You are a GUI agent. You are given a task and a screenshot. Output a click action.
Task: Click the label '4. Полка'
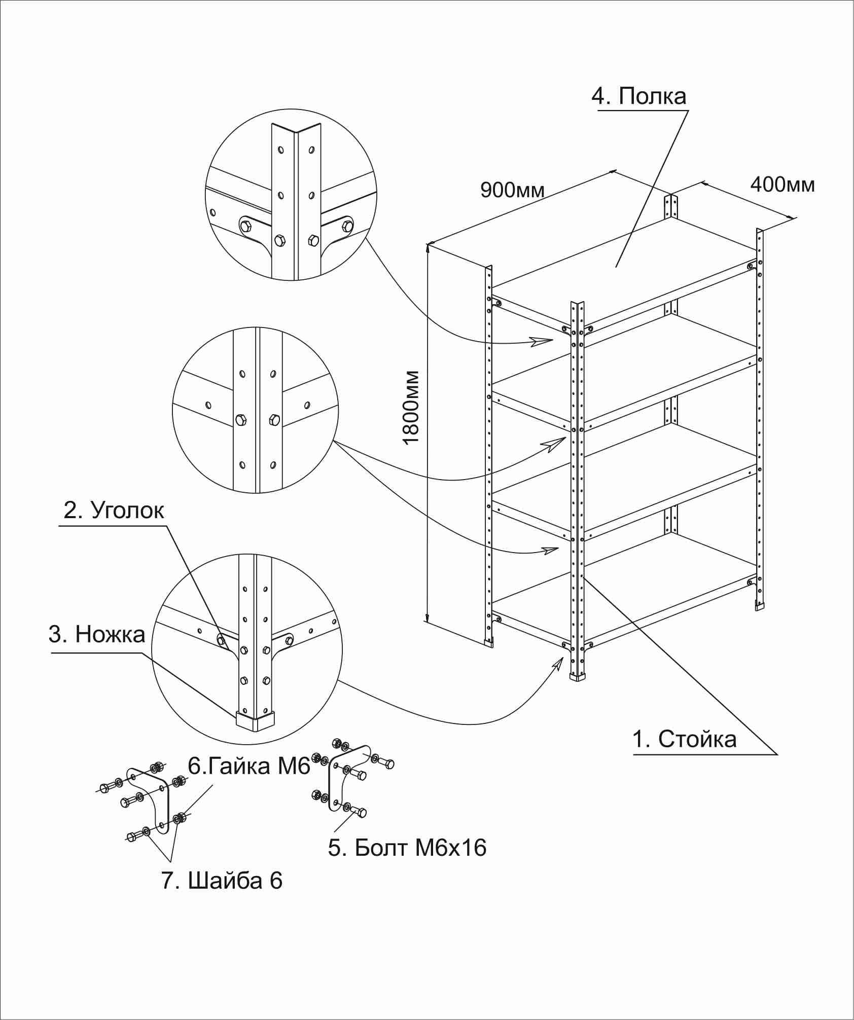click(639, 96)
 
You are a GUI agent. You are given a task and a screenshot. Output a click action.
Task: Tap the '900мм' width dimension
click(512, 190)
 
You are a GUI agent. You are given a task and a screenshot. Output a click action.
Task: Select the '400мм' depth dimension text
click(782, 185)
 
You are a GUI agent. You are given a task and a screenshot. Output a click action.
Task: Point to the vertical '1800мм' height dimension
click(411, 408)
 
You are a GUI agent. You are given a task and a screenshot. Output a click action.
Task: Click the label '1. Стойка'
click(684, 740)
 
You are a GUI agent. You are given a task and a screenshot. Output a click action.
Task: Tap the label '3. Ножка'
click(97, 634)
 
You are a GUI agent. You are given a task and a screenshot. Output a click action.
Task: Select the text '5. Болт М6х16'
click(407, 848)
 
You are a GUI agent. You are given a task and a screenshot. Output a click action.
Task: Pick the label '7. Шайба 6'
click(222, 881)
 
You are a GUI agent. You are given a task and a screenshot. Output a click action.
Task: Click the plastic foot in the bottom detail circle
click(255, 720)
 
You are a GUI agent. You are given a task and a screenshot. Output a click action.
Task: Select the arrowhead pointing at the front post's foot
click(559, 662)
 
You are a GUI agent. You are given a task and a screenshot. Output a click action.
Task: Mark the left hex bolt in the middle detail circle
click(241, 420)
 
